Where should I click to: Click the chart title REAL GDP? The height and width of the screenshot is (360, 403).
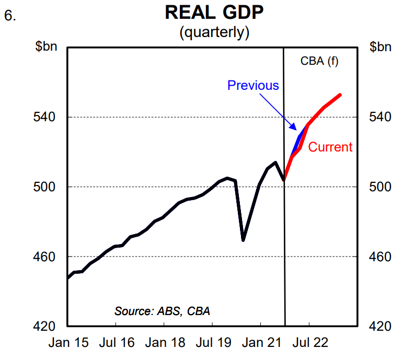tap(214, 13)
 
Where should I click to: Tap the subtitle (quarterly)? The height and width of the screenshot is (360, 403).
tap(214, 32)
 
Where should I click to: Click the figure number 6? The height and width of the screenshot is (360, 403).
tap(10, 16)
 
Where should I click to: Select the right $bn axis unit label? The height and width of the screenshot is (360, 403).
tap(380, 47)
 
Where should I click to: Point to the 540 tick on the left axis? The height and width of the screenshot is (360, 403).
tap(47, 117)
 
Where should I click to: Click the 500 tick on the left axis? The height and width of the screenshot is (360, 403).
tap(47, 187)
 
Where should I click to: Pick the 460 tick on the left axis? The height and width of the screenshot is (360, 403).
tap(47, 257)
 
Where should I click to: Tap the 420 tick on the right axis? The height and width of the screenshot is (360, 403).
tap(380, 327)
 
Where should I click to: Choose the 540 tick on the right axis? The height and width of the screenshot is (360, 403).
tap(380, 117)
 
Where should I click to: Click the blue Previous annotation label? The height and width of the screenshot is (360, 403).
tap(253, 85)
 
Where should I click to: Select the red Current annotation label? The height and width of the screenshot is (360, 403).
tap(330, 147)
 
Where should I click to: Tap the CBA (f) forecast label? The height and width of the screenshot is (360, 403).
tap(319, 61)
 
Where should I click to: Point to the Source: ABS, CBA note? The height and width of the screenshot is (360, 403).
tap(162, 311)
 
